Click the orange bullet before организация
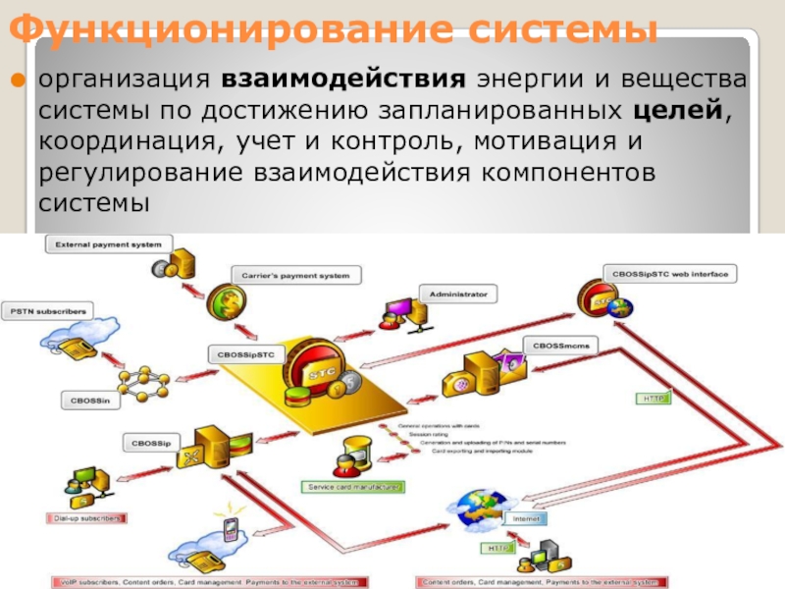[17, 79]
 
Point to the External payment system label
[108, 242]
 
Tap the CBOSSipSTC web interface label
[672, 275]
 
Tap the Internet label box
[525, 518]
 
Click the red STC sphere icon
[320, 373]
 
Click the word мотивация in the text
[545, 141]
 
